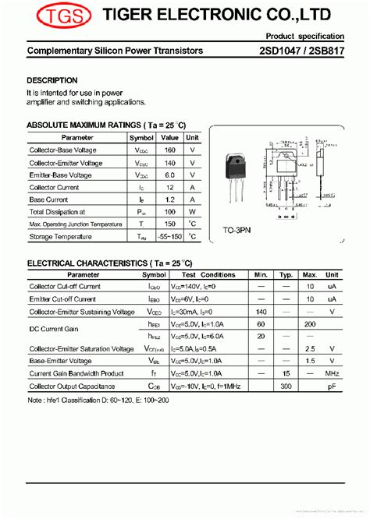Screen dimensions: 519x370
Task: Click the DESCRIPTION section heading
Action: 52,80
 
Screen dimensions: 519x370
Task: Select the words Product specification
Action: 304,37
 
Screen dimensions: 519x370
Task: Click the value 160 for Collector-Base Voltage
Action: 169,150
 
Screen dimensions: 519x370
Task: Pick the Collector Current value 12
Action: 169,187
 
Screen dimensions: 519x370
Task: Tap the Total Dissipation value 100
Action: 169,211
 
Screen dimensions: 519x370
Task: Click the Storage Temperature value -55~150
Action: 169,236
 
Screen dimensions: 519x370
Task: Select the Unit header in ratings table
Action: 193,137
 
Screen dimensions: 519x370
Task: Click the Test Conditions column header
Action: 208,274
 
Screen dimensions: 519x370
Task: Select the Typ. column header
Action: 286,274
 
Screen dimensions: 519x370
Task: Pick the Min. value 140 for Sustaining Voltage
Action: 261,312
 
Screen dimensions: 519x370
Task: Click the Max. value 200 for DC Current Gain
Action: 310,323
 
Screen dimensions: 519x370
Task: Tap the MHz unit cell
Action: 333,373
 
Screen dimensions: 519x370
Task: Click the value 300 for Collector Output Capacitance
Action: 286,386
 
